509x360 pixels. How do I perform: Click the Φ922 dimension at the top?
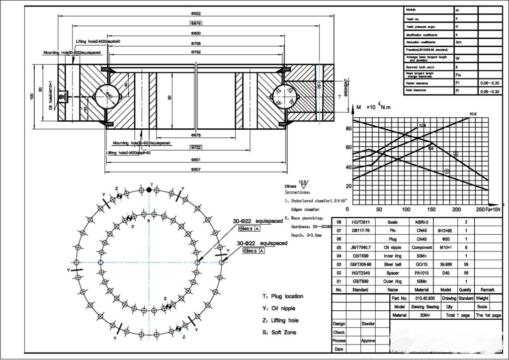[x=196, y=13]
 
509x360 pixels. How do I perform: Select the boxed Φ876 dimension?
[x=196, y=23]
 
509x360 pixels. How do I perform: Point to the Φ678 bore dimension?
[x=196, y=135]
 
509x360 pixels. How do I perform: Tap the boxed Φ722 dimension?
[x=196, y=148]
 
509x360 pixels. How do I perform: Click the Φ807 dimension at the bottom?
[x=196, y=170]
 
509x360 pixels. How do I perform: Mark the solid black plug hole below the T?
[x=149, y=190]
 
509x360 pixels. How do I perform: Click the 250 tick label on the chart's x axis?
[x=480, y=209]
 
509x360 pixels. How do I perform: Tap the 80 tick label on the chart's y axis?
[x=348, y=128]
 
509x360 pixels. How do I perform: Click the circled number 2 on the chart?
[x=456, y=154]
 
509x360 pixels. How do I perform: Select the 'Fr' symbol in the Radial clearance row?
[x=458, y=83]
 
